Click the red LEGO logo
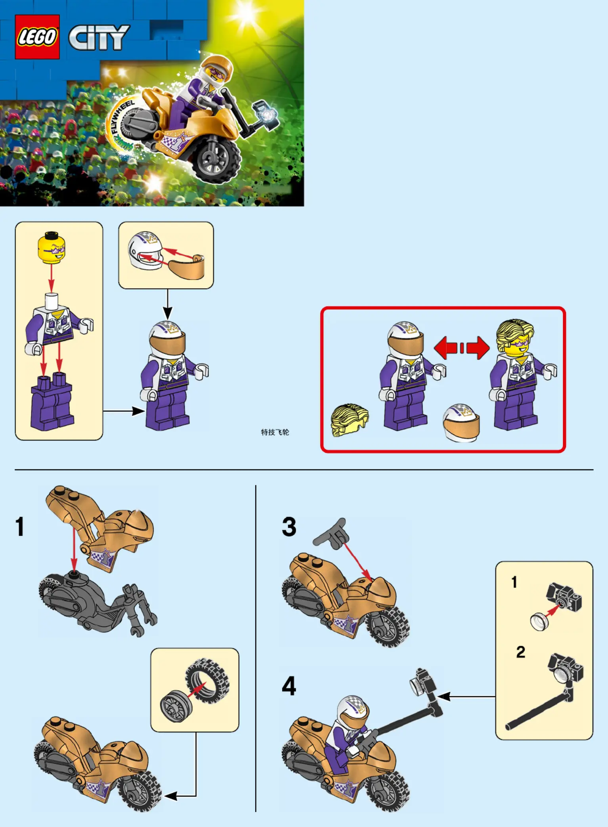tap(37, 37)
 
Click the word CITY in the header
tap(99, 38)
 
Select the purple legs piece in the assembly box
tap(52, 402)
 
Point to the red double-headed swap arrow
tap(462, 348)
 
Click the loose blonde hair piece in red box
tap(349, 420)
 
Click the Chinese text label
tap(275, 432)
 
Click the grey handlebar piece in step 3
tap(331, 533)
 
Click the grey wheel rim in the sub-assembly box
tap(176, 706)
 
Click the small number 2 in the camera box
tap(520, 652)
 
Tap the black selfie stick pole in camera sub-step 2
tap(537, 710)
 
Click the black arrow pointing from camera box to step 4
tap(467, 696)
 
